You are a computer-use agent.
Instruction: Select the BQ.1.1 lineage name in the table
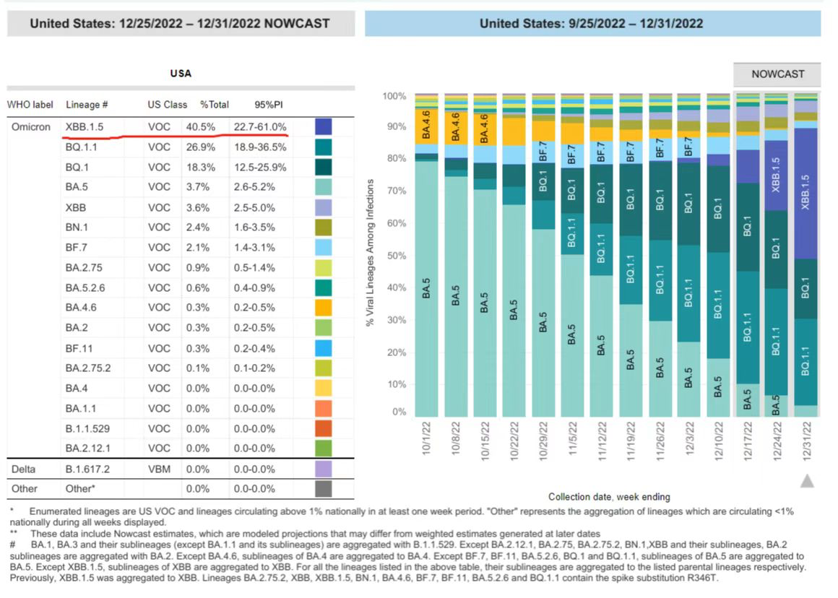click(x=81, y=147)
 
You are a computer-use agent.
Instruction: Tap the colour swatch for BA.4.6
click(x=323, y=308)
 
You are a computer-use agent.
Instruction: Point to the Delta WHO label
click(x=24, y=469)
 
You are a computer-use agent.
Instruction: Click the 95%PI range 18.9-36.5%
click(x=259, y=147)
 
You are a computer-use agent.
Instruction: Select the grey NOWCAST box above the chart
click(x=777, y=74)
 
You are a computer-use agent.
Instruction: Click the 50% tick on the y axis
click(x=398, y=256)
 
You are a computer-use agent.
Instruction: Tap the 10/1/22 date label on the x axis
click(x=428, y=446)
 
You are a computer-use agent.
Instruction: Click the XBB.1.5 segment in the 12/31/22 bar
click(x=806, y=191)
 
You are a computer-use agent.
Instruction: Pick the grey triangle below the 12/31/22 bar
click(x=807, y=480)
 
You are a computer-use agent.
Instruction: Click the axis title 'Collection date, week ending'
click(x=609, y=497)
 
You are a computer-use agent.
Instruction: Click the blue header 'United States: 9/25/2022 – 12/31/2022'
click(x=592, y=24)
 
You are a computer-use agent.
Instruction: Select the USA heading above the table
click(x=181, y=74)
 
